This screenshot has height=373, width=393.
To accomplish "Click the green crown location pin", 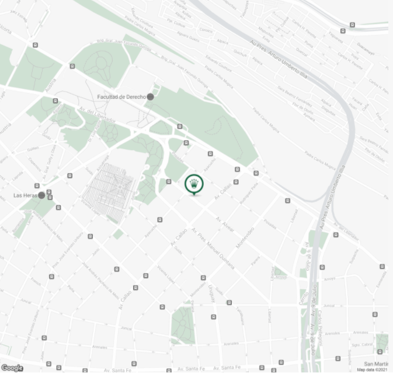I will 194,184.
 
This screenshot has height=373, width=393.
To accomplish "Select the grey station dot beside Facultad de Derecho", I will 150,96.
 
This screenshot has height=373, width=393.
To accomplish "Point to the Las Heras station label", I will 25,195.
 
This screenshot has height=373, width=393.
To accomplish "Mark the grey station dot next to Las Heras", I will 41,195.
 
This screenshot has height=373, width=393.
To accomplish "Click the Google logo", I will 12,368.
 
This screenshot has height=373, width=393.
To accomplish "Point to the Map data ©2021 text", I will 371,369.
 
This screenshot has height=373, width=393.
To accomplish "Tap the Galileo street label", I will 33,148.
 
